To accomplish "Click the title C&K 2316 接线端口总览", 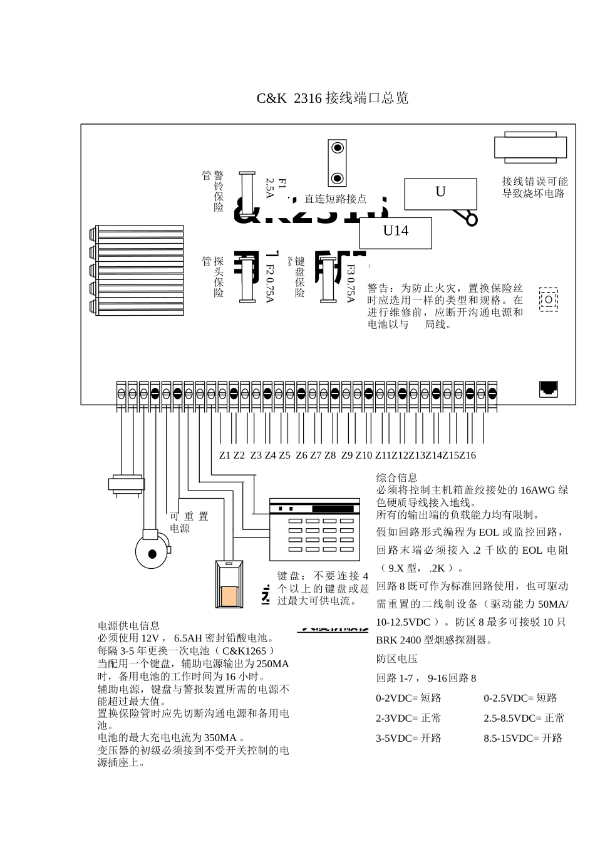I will point(333,98).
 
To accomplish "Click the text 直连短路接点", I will point(335,199).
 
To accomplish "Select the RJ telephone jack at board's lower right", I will point(549,389).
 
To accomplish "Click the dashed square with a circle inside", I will point(548,300).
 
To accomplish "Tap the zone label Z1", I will point(225,455).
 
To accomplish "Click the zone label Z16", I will point(467,455).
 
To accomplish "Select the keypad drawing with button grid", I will point(314,528).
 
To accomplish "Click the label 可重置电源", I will point(189,522).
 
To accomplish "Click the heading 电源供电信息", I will point(128,625).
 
